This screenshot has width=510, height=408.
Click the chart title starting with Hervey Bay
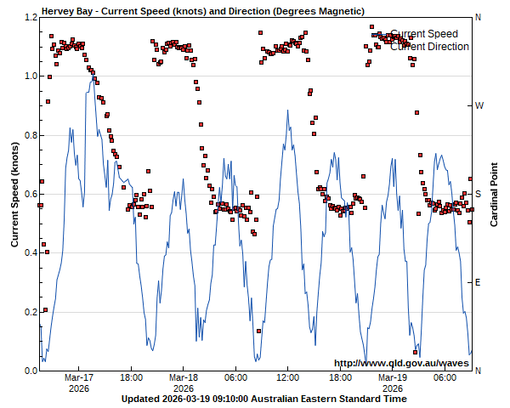click(x=203, y=11)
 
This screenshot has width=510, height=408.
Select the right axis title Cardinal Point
click(x=494, y=194)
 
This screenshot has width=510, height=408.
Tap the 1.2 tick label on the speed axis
click(x=30, y=17)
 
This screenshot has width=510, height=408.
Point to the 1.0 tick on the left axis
click(x=30, y=76)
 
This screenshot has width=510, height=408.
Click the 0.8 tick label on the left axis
click(x=30, y=135)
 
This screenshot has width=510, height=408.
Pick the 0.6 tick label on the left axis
click(x=30, y=194)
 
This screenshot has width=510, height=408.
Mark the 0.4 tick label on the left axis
click(x=30, y=253)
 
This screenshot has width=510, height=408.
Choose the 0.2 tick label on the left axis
click(x=30, y=312)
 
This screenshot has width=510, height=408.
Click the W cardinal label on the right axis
click(x=479, y=105)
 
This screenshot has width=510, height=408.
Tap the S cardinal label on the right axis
click(x=478, y=194)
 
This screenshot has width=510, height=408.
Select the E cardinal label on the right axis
click(x=478, y=282)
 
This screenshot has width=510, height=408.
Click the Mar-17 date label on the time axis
click(x=79, y=377)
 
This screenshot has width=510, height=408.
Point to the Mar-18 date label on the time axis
click(x=184, y=377)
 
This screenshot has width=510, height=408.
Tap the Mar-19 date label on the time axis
click(x=393, y=377)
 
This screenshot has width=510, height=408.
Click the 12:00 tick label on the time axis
click(x=288, y=377)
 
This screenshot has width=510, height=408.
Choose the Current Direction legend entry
click(x=429, y=47)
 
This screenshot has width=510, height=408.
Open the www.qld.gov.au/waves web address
click(x=401, y=363)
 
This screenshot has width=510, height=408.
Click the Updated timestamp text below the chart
click(x=263, y=399)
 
